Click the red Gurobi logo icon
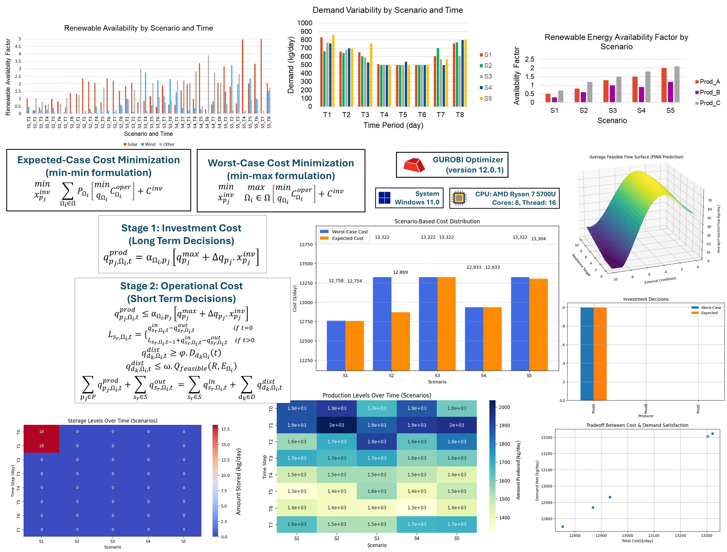coord(414,165)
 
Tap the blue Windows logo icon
coord(384,198)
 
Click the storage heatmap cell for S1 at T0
coord(41,432)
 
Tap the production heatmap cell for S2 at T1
coord(337,425)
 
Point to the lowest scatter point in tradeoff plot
coord(563,527)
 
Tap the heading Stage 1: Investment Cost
coord(181,228)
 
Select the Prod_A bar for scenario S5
coord(664,85)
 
